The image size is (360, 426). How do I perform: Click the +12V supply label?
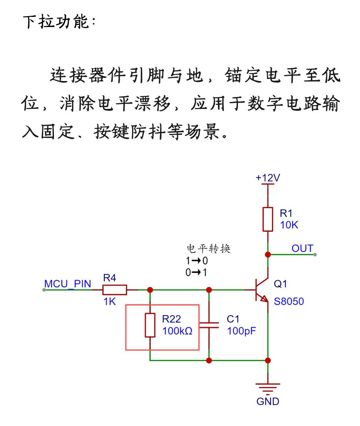pyautogui.click(x=267, y=178)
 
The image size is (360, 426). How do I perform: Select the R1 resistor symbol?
pyautogui.click(x=268, y=219)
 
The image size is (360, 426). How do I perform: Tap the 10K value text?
pyautogui.click(x=289, y=225)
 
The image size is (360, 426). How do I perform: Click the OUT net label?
pyautogui.click(x=302, y=248)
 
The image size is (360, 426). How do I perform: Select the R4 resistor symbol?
pyautogui.click(x=114, y=290)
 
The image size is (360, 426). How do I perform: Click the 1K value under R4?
pyautogui.click(x=110, y=301)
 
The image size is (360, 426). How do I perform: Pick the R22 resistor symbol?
pyautogui.click(x=150, y=325)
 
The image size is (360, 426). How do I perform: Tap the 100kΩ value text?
pyautogui.click(x=177, y=331)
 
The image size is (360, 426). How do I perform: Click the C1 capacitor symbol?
pyautogui.click(x=209, y=325)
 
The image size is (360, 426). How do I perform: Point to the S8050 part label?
pyautogui.click(x=289, y=301)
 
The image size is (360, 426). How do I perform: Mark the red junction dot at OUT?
pyautogui.click(x=268, y=255)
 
